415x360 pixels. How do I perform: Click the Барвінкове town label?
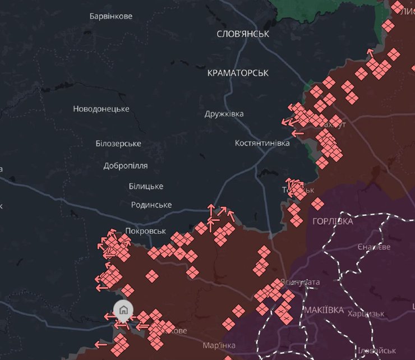(x=111, y=16)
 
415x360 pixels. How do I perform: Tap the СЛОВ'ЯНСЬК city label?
(x=243, y=34)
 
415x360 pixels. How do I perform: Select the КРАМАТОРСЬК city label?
(x=238, y=73)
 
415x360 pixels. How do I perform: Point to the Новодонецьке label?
(x=101, y=109)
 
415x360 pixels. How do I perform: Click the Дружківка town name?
(x=224, y=114)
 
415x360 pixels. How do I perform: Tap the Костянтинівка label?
(x=262, y=144)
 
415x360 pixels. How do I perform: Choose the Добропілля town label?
(x=126, y=166)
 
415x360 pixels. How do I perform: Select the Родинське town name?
(x=151, y=205)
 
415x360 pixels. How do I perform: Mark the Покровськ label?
(x=146, y=231)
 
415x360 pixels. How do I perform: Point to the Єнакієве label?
(x=374, y=247)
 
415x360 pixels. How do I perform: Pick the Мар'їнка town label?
(x=219, y=345)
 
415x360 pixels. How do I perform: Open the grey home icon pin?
(x=123, y=310)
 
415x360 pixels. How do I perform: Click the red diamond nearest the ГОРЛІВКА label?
(x=317, y=203)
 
